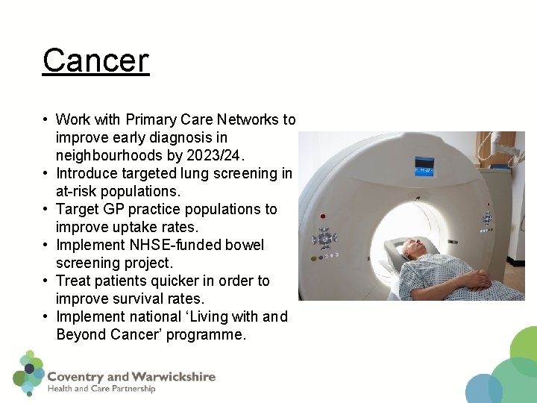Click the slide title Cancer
(95, 60)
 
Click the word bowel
(245, 245)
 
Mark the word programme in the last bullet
(205, 334)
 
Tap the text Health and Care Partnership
(101, 389)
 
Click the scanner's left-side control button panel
(324, 240)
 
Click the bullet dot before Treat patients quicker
(46, 281)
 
